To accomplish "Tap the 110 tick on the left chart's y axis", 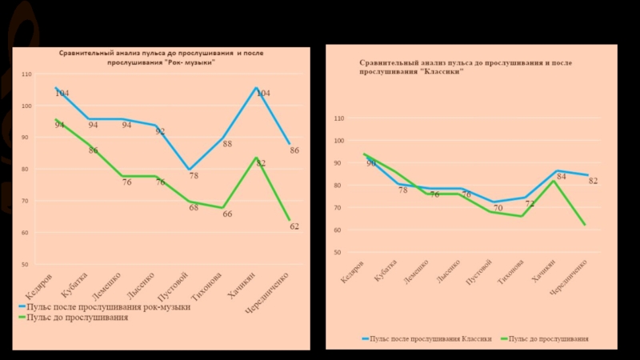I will (x=27, y=74).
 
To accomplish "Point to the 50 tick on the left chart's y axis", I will (x=26, y=264).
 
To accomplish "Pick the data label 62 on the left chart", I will (x=294, y=226).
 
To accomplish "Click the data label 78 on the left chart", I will (x=193, y=175).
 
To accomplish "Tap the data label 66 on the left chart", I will (x=227, y=214).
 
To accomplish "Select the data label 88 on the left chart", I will (x=227, y=144).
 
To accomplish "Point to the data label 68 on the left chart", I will (x=194, y=207).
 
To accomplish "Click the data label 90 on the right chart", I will (x=371, y=163).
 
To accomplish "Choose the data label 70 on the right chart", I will (x=498, y=208).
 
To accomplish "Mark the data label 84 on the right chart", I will (x=562, y=177).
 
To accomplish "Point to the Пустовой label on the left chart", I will (x=174, y=286).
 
